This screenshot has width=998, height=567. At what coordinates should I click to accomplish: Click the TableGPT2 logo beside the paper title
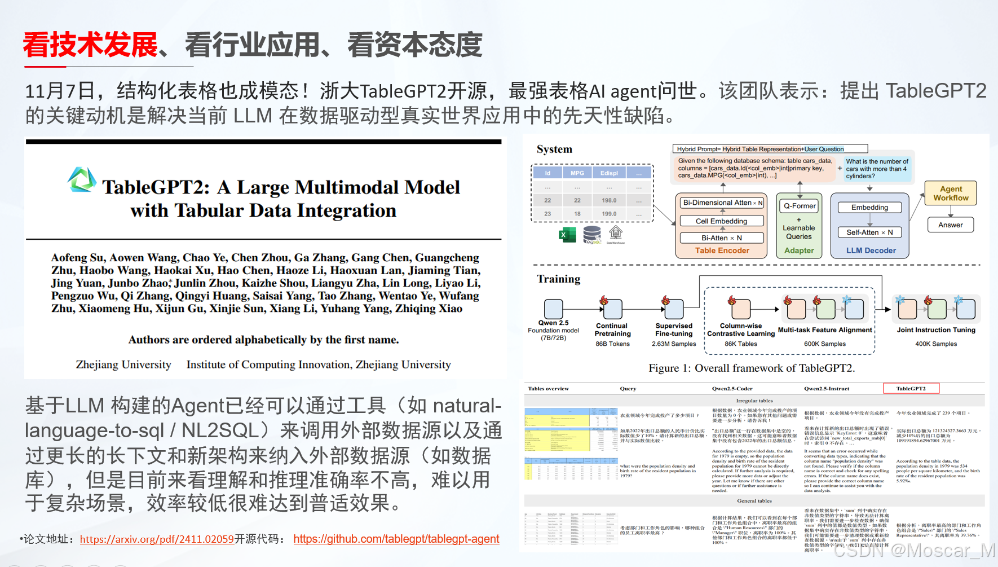pyautogui.click(x=82, y=179)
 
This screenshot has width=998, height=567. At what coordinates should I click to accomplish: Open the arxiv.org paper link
pyautogui.click(x=157, y=539)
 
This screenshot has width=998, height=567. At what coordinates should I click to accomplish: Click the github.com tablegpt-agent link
pyautogui.click(x=396, y=539)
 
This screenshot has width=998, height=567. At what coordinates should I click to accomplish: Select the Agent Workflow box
pyautogui.click(x=950, y=194)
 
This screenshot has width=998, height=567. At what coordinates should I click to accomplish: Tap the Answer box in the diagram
pyautogui.click(x=950, y=225)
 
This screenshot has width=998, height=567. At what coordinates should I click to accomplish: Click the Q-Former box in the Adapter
pyautogui.click(x=799, y=206)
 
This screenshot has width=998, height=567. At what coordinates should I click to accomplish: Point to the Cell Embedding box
pyautogui.click(x=721, y=221)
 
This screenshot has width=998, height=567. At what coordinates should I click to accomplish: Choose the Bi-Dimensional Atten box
pyautogui.click(x=721, y=203)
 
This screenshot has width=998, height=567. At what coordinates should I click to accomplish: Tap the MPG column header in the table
pyautogui.click(x=577, y=173)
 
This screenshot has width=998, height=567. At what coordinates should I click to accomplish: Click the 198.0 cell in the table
pyautogui.click(x=608, y=200)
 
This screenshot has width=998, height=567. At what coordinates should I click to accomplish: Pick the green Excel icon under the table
pyautogui.click(x=567, y=235)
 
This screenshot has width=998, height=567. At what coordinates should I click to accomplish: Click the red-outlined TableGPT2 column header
pyautogui.click(x=911, y=388)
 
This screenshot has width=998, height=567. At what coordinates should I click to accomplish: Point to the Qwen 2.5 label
pyautogui.click(x=553, y=323)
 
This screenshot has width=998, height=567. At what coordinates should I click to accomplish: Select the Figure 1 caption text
pyautogui.click(x=751, y=368)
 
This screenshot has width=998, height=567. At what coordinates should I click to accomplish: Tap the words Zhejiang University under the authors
pyautogui.click(x=123, y=365)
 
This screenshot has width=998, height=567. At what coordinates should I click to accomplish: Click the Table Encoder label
pyautogui.click(x=722, y=250)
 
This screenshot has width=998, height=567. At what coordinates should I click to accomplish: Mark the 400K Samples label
pyautogui.click(x=935, y=344)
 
